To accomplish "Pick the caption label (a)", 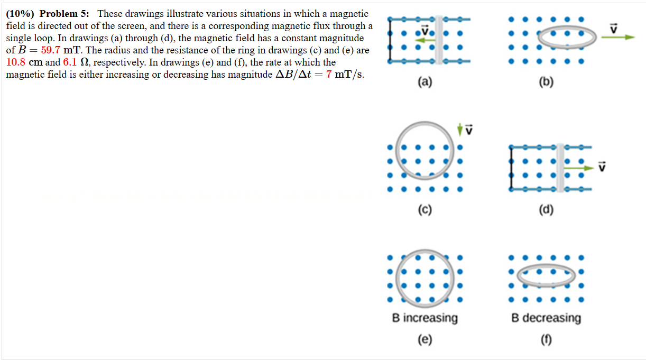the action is tap(424, 82).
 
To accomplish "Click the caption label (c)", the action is tap(424, 210).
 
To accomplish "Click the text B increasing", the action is tap(424, 318).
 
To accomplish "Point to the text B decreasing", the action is tap(546, 318).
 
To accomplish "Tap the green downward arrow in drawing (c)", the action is tap(460, 128).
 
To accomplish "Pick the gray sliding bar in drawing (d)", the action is tap(559, 168).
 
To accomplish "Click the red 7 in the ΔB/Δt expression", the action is tap(328, 75).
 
